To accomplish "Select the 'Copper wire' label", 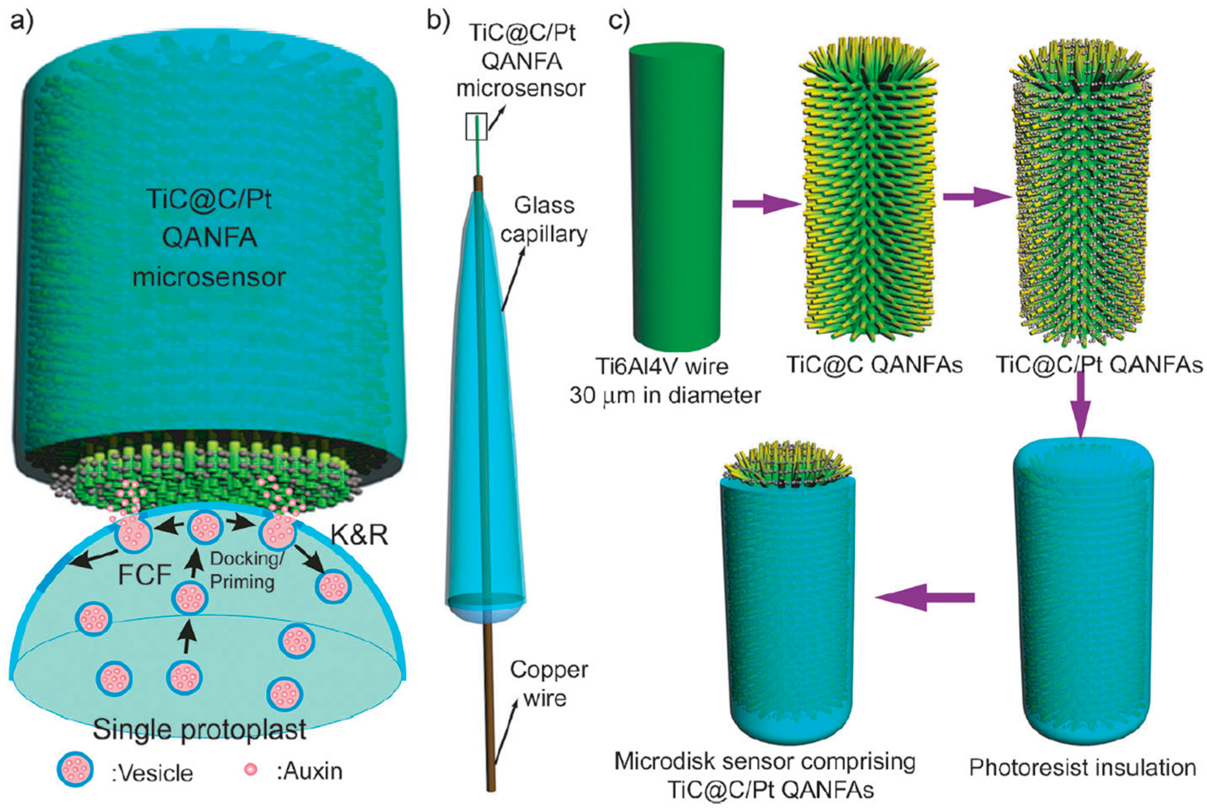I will (549, 684).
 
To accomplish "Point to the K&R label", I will (359, 537).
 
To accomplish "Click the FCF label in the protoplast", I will (145, 575).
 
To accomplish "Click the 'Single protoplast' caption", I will (200, 730).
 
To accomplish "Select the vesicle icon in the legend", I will (75, 771).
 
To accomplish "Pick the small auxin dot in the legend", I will (251, 770).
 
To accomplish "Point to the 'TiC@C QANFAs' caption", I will (875, 365).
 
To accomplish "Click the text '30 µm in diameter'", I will (666, 396).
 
